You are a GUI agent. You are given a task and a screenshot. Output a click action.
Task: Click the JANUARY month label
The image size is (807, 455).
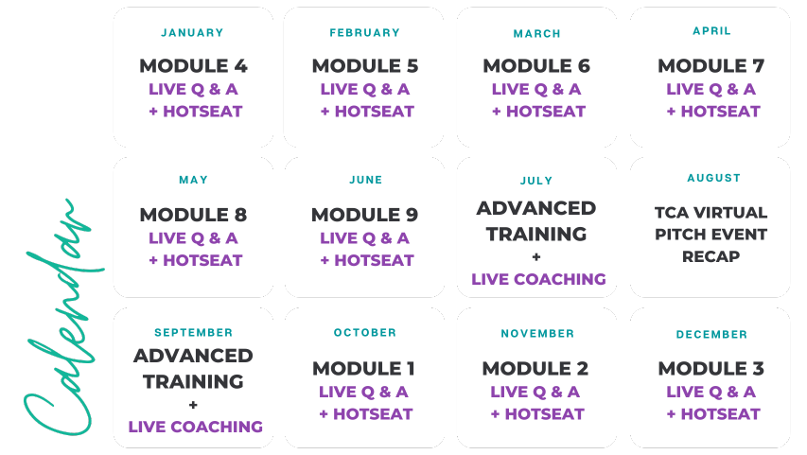(192, 33)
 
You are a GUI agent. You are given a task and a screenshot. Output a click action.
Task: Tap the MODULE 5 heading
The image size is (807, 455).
(365, 66)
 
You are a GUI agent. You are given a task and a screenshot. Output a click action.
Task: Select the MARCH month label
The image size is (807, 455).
(536, 34)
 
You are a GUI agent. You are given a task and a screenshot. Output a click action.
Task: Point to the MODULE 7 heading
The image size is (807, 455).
(711, 66)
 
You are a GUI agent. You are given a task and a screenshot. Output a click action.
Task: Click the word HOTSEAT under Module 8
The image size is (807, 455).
(202, 260)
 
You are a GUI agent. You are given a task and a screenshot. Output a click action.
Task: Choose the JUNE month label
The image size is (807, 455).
(366, 180)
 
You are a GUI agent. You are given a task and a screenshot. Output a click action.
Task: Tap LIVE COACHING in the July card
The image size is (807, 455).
(538, 279)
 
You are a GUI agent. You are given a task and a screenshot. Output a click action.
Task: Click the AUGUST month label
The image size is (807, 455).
(714, 178)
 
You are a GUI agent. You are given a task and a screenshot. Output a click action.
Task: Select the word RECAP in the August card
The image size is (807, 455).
(711, 256)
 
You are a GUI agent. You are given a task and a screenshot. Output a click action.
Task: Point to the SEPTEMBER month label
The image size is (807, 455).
(194, 333)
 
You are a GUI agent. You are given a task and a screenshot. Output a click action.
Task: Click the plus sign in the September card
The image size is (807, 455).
(193, 405)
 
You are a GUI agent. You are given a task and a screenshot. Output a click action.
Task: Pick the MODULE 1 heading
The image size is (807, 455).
(363, 369)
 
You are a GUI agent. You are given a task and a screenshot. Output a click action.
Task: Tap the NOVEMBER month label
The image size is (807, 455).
(537, 334)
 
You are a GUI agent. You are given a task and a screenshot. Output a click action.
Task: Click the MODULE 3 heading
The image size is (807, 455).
(711, 369)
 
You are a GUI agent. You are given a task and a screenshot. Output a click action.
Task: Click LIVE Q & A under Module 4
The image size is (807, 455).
(193, 89)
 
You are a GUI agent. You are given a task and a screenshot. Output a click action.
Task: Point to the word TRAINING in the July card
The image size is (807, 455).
(536, 235)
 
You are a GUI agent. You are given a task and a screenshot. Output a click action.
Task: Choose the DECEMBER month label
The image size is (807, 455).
(711, 335)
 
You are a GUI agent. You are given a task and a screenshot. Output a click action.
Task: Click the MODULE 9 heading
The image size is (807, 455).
(364, 215)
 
